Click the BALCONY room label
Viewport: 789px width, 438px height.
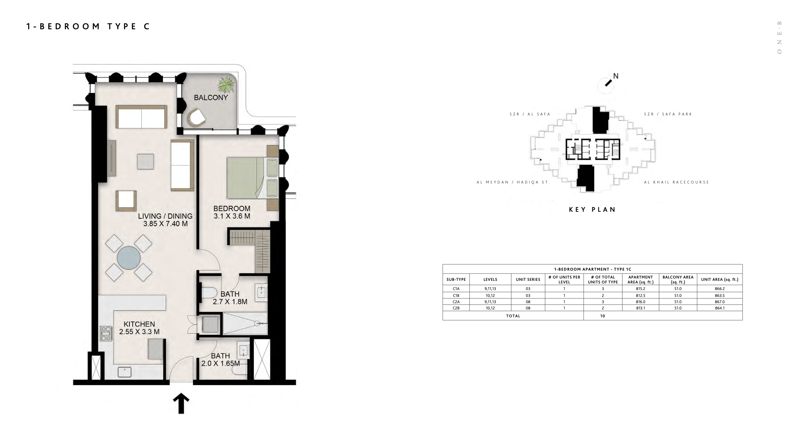coord(211,98)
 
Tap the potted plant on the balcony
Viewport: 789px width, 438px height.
coord(226,85)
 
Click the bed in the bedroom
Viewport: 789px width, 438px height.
coord(252,178)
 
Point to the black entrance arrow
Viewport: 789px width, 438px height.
coord(181,403)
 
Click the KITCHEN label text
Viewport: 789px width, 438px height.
coord(139,324)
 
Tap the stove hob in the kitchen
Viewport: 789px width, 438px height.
coord(106,333)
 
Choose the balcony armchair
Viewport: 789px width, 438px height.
coord(196,118)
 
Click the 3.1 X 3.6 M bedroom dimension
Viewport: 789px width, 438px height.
coord(232,216)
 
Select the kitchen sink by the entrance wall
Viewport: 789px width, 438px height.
coord(124,372)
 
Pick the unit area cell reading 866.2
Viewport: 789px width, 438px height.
coord(719,289)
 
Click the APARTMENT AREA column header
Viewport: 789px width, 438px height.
coord(640,280)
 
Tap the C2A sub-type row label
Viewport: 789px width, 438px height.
coord(456,302)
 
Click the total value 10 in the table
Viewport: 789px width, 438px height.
coord(602,316)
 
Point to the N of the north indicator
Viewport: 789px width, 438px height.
coord(616,76)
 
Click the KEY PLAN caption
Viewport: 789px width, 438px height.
coord(592,209)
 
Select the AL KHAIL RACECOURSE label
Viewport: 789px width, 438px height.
coord(676,182)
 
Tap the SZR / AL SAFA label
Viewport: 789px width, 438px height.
coord(530,114)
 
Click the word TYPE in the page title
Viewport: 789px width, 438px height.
coord(122,26)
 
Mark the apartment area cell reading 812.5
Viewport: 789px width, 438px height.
coord(640,296)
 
